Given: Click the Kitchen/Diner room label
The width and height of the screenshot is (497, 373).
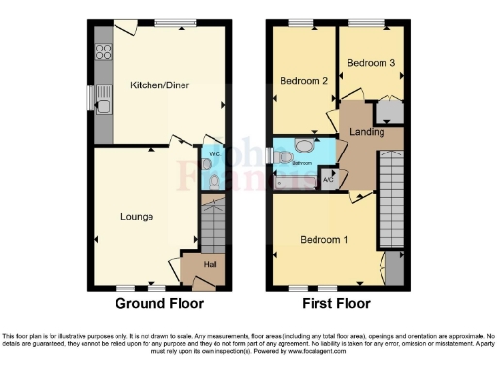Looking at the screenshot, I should (162, 85).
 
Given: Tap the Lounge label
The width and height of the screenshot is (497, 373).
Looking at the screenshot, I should (136, 216).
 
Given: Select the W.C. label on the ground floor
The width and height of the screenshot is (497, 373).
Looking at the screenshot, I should (214, 153).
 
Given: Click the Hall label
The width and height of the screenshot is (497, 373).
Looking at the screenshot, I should (210, 263).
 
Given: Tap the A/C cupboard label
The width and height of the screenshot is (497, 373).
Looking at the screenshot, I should (328, 178).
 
